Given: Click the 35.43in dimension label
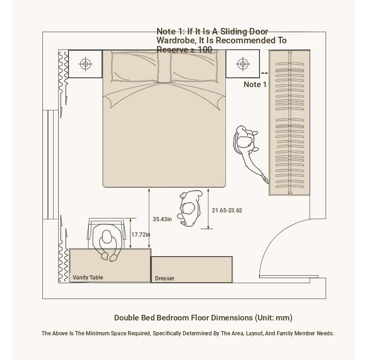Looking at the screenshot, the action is (162, 219).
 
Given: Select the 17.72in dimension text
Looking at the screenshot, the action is (141, 234).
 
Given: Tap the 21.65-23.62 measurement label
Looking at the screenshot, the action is (227, 211).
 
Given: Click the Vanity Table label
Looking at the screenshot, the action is (88, 278).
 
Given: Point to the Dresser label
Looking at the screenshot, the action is (165, 278).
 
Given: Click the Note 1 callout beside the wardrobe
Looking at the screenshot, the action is (255, 84).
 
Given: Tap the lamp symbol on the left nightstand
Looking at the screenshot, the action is (85, 64).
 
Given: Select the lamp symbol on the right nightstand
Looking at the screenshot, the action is (243, 64).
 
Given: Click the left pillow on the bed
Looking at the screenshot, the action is (135, 67).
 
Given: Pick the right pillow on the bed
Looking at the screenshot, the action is (194, 68).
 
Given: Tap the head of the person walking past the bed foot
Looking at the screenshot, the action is (188, 208).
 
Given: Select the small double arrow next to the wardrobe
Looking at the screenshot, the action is (265, 73).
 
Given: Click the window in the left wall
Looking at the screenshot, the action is (50, 164).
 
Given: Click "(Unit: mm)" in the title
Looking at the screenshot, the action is (273, 318).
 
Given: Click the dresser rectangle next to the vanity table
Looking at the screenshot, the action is (192, 270).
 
